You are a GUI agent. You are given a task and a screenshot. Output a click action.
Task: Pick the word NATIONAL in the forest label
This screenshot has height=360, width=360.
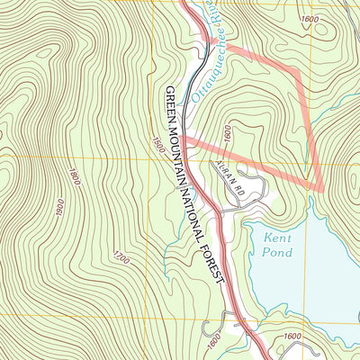coord(201,217)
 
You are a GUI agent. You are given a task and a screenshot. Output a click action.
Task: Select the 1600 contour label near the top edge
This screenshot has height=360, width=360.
coord(311,19)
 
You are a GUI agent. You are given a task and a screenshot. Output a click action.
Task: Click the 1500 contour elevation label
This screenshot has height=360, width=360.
coord(158,143)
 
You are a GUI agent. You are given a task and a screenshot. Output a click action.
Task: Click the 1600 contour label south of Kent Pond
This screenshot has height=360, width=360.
coord(291,336)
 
